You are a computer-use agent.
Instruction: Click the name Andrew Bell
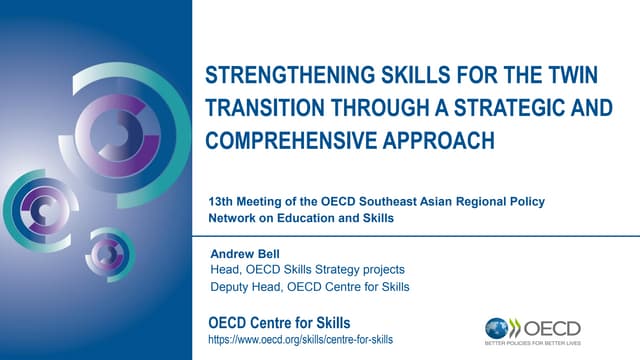(x=245, y=254)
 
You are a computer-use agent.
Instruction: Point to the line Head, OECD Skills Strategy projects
(x=307, y=270)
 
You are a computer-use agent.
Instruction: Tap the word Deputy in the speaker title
(x=230, y=288)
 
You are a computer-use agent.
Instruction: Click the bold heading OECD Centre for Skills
(x=280, y=322)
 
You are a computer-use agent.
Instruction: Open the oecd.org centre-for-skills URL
(x=300, y=340)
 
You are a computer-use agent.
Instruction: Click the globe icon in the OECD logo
(x=498, y=328)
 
